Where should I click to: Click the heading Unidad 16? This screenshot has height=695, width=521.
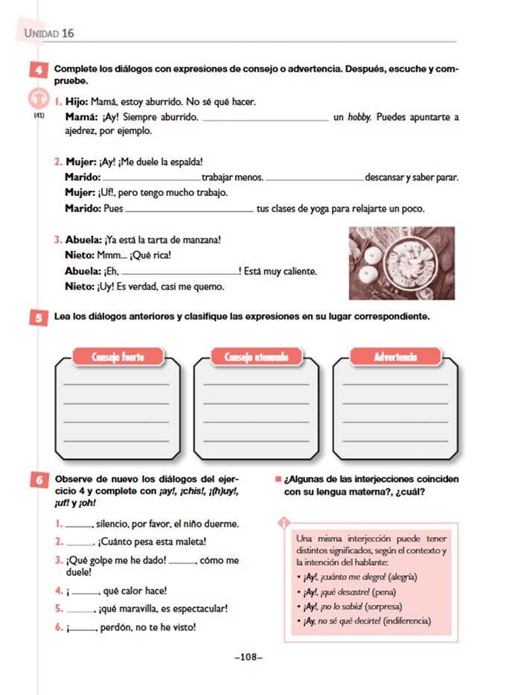49,34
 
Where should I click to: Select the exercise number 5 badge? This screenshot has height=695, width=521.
36,317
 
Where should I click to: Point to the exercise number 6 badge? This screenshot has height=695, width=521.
36,480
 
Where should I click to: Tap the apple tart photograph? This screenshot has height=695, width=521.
402,262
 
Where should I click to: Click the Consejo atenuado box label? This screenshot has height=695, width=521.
257,358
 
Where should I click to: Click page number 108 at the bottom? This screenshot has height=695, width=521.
249,657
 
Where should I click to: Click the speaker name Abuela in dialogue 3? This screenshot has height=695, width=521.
83,240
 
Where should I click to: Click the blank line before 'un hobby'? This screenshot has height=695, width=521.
264,118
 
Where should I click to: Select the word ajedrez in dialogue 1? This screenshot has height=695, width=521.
80,131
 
